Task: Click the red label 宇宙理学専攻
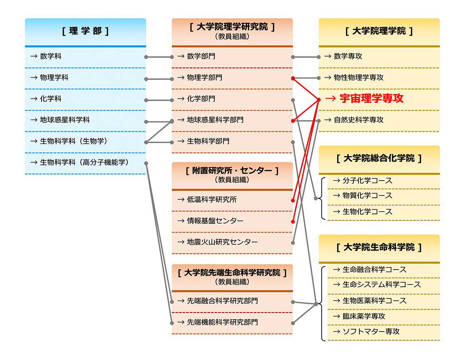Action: click(371, 99)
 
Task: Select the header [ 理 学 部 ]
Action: click(85, 31)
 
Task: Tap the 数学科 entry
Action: click(51, 56)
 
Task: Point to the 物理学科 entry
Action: click(54, 78)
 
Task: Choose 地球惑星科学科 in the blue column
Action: click(65, 120)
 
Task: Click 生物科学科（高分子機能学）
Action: click(85, 162)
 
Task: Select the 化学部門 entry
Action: click(201, 99)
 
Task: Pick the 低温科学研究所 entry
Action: click(212, 200)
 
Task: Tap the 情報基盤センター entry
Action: click(215, 221)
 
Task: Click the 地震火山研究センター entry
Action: click(222, 242)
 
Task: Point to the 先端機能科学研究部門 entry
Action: click(222, 323)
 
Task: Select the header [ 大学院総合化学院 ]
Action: click(379, 158)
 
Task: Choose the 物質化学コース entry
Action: click(368, 196)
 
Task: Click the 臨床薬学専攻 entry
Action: click(364, 316)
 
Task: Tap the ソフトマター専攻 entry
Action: click(371, 332)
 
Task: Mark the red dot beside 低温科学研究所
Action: click(293, 201)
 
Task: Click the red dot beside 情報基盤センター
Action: click(293, 221)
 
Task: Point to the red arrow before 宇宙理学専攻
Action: click(331, 99)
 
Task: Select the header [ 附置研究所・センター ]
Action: click(232, 171)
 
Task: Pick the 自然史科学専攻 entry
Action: click(358, 120)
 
